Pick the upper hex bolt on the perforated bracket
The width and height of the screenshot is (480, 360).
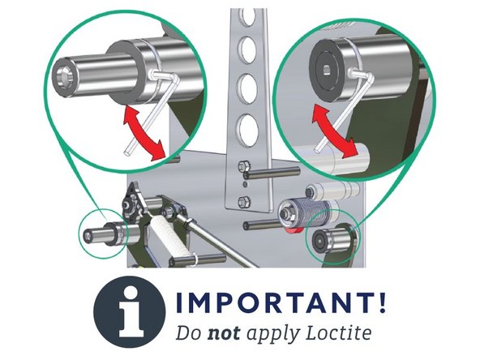point(245,170)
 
